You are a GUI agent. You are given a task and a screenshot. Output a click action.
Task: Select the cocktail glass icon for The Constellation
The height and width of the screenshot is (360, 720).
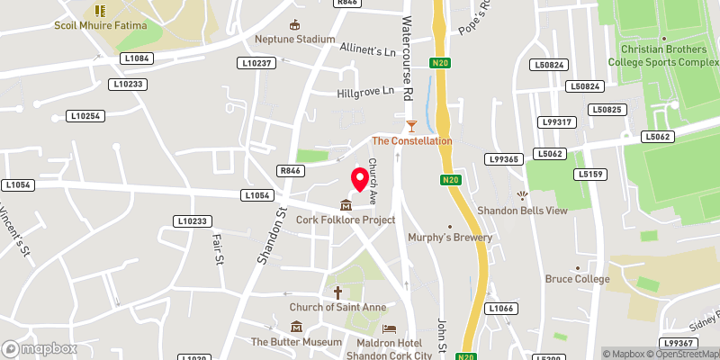pyautogui.click(x=412, y=125)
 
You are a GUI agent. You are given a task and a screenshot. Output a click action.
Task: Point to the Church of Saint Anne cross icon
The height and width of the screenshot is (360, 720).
pyautogui.click(x=338, y=292)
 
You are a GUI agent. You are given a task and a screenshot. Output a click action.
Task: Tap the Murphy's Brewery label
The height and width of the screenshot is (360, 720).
pyautogui.click(x=450, y=238)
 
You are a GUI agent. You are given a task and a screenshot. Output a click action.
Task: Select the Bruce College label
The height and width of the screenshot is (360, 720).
pyautogui.click(x=577, y=279)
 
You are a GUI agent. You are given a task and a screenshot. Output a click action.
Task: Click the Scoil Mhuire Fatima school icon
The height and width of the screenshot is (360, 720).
pyautogui.click(x=100, y=11)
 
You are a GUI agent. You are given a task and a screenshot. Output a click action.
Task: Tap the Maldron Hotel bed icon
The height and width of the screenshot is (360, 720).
pyautogui.click(x=389, y=329)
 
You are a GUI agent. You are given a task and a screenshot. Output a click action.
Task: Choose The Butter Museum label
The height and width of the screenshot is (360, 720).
pyautogui.click(x=296, y=342)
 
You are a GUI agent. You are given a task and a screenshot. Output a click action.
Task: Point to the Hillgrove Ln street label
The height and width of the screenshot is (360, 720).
pyautogui.click(x=365, y=91)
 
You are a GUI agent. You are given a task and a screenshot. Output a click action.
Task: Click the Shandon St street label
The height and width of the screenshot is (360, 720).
pyautogui.click(x=267, y=236)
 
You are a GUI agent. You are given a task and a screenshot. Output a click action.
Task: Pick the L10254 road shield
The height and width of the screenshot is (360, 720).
pyautogui.click(x=86, y=116)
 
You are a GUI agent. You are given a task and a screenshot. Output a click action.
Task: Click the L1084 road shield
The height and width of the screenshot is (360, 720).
pyautogui.click(x=137, y=58)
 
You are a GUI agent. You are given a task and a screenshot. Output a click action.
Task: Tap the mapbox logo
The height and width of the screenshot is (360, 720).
pyautogui.click(x=38, y=348)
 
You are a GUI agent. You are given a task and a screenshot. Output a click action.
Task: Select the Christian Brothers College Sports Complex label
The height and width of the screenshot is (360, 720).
pyautogui.click(x=664, y=56)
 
